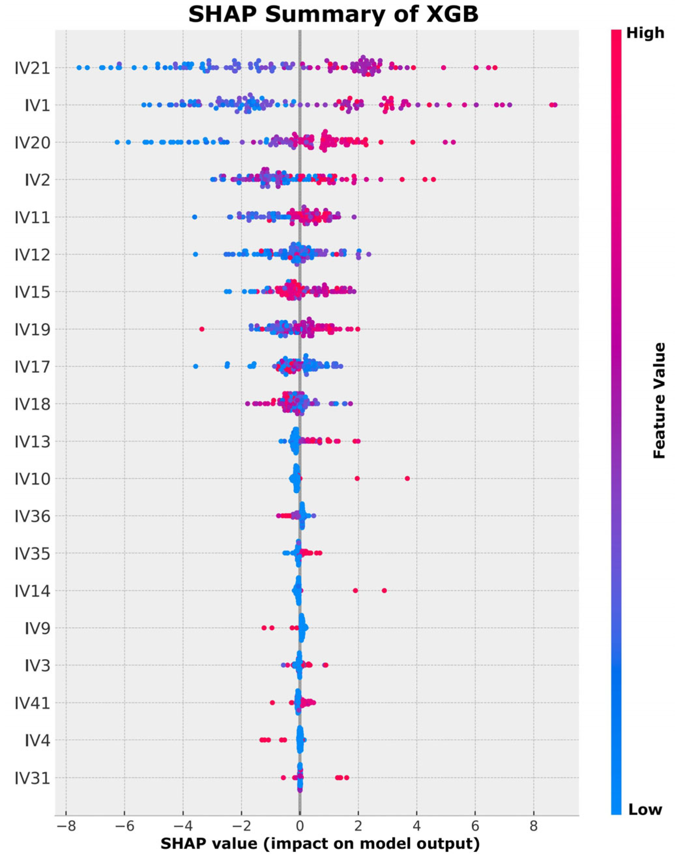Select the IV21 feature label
(x=33, y=68)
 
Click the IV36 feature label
(x=33, y=517)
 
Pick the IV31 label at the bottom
(x=33, y=779)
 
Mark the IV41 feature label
(x=33, y=704)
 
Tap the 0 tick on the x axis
(x=300, y=827)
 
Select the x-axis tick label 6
(x=475, y=827)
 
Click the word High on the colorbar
(x=645, y=33)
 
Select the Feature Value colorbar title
(x=659, y=400)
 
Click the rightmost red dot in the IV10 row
(x=407, y=479)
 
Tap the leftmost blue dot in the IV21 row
(x=79, y=68)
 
